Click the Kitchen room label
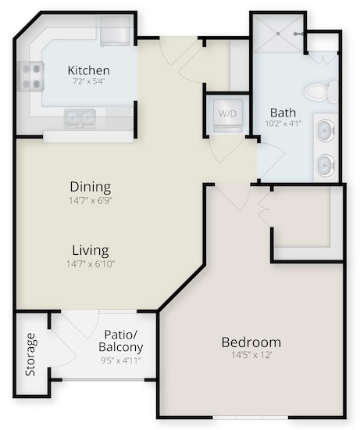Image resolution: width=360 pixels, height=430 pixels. coord(89,70)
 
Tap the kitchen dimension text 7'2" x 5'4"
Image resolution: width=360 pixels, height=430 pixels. coord(89,81)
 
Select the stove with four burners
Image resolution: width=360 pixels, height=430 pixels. coord(30,77)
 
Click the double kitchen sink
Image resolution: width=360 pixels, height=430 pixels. coord(80,119)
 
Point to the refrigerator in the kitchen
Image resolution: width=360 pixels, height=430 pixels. coord(115,30)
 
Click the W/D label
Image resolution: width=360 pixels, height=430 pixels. coord(227,113)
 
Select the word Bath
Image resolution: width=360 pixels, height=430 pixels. coord(283,113)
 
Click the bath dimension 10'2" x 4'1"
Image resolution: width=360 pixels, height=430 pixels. coord(283,124)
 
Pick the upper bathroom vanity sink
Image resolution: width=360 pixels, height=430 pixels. coord(326,131)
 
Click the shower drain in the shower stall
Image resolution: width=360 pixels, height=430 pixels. coord(278,34)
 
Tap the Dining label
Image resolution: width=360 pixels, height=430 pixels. coord(91,187)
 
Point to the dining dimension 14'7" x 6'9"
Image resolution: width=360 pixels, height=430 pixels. coord(91,200)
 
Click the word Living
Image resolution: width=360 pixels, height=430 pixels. coord(91,251)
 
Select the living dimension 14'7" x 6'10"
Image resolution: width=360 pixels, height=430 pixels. coord(91,264)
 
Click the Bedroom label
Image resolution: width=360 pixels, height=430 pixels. coord(251,342)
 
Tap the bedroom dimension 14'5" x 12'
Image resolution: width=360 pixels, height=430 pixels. coord(251,355)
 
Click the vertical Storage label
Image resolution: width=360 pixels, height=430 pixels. coord(30,354)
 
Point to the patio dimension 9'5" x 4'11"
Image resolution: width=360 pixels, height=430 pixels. coord(120,360)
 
